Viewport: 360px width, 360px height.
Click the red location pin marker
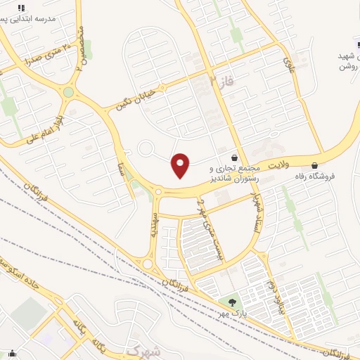pyautogui.click(x=181, y=165)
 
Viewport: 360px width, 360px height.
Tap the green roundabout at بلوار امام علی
pyautogui.click(x=68, y=92)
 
